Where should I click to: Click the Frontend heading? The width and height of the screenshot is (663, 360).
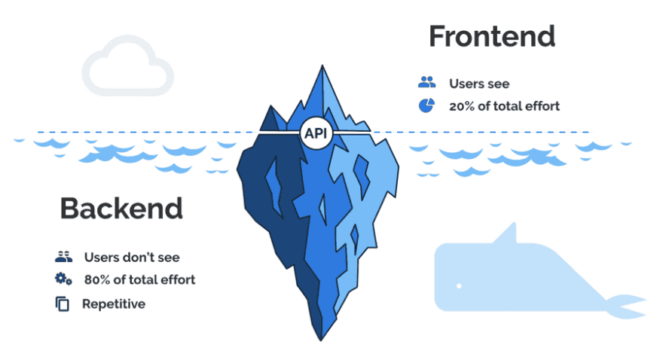(491, 36)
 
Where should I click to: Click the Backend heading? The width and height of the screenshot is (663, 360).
(121, 208)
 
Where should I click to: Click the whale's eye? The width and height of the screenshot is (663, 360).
(458, 286)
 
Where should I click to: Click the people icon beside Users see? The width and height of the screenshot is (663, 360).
(427, 83)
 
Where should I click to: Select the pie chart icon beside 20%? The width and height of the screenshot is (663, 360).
(427, 105)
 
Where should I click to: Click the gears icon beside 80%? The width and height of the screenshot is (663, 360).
(63, 279)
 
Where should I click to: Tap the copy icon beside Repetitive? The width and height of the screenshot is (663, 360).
(63, 304)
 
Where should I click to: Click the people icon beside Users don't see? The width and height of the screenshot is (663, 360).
(63, 257)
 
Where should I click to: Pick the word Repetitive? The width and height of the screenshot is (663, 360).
(114, 304)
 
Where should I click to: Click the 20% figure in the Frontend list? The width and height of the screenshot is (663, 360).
(462, 106)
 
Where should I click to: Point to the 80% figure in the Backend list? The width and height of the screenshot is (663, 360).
(97, 279)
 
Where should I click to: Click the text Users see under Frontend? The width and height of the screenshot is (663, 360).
(478, 83)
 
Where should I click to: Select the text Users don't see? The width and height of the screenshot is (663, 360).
(132, 257)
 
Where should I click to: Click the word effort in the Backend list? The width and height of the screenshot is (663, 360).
(178, 279)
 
